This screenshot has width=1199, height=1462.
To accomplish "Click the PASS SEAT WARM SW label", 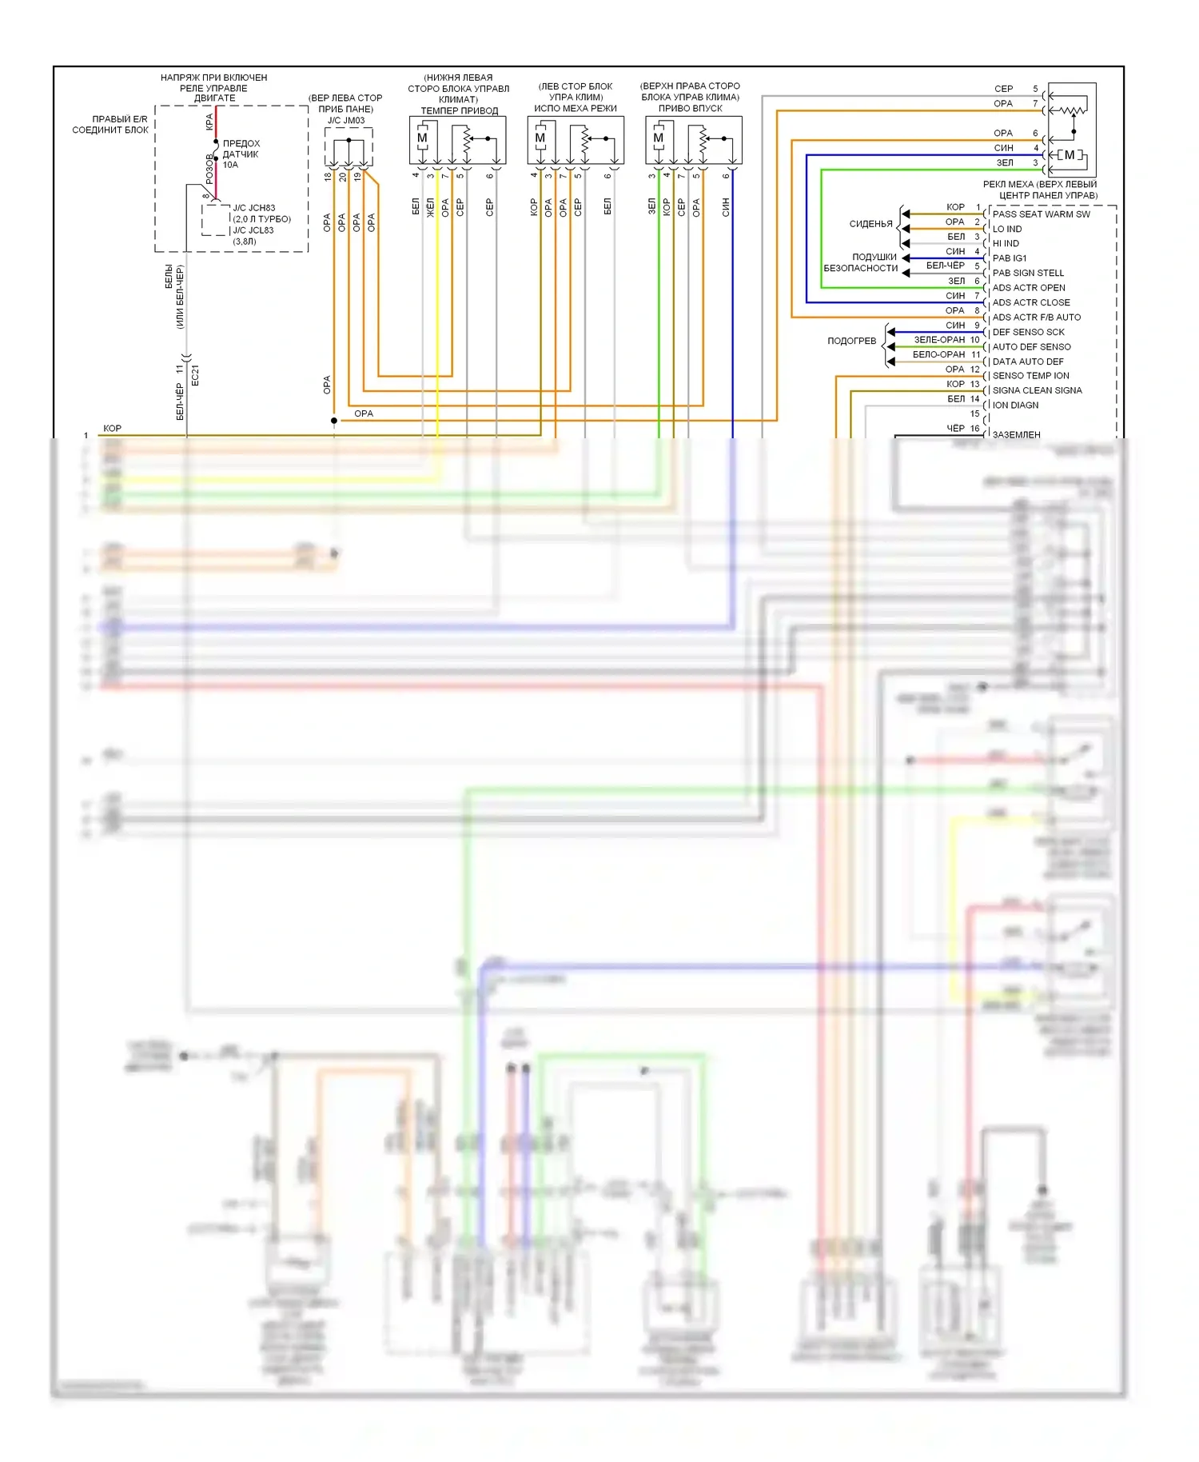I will tap(1041, 214).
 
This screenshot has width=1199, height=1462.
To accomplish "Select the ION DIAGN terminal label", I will tap(1015, 405).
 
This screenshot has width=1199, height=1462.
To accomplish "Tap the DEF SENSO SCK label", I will tap(1028, 332).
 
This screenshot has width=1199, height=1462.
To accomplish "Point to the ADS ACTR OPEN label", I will tap(1028, 288).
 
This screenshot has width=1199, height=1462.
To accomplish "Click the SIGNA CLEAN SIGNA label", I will tap(1037, 390).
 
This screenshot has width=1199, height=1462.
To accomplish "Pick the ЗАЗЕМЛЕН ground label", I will tap(1016, 435).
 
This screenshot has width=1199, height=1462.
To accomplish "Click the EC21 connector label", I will tap(195, 376).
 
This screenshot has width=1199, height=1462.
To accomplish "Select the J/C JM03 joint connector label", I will tap(346, 121).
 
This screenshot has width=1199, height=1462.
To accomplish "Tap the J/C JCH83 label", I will tap(253, 208).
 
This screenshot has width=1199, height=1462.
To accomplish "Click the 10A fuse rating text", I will tap(230, 165).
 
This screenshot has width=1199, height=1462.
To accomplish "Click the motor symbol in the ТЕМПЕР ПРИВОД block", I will tap(422, 138).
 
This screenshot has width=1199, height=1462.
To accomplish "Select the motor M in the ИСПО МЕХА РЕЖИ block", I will tap(540, 138).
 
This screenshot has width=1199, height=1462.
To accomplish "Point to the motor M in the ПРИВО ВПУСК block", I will tap(659, 138).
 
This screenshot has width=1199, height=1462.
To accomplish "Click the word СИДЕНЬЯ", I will tap(870, 224).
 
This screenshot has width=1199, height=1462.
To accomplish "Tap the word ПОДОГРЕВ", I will tap(851, 341).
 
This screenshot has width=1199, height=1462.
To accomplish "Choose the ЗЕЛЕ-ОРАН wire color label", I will tap(939, 340).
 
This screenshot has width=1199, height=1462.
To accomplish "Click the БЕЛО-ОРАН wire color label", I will tap(938, 354).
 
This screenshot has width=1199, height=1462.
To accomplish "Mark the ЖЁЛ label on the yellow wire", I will tap(430, 207).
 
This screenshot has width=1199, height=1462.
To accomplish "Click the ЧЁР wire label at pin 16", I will tap(955, 429).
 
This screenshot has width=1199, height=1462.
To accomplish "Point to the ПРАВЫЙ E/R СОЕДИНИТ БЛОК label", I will tap(110, 125).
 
